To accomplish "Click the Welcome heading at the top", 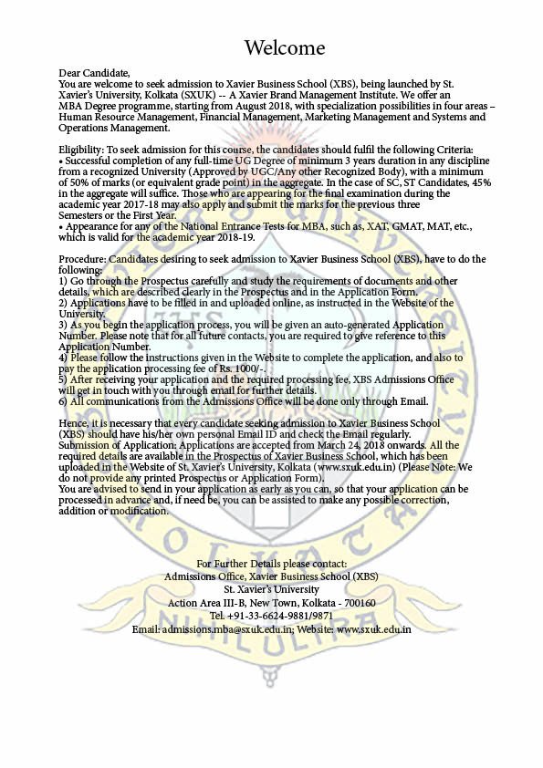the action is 285,47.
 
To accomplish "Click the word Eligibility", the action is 80,149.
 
